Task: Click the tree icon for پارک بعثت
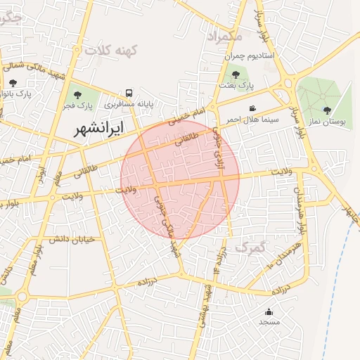click(x=236, y=74)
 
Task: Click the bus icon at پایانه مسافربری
click(x=129, y=93)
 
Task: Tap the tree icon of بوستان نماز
click(x=327, y=110)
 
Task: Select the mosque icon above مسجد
click(x=269, y=311)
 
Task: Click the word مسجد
click(x=269, y=322)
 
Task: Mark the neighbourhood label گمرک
click(x=251, y=247)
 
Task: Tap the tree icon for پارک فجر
click(x=77, y=94)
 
